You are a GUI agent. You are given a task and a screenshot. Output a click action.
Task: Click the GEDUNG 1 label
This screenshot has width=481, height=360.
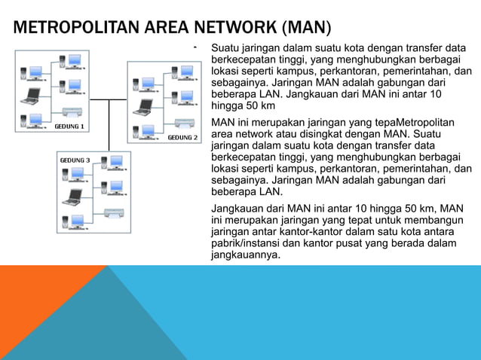(x=68, y=127)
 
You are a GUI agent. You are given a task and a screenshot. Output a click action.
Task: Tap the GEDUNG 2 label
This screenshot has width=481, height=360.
(x=182, y=138)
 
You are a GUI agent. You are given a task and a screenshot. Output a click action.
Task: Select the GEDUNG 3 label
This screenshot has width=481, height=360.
(x=75, y=160)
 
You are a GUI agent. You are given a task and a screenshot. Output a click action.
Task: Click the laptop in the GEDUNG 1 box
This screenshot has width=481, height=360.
(x=32, y=96)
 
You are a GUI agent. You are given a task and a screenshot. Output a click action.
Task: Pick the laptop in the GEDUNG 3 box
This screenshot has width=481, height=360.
(x=72, y=197)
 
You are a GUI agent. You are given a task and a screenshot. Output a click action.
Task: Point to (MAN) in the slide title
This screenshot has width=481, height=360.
(x=305, y=29)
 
